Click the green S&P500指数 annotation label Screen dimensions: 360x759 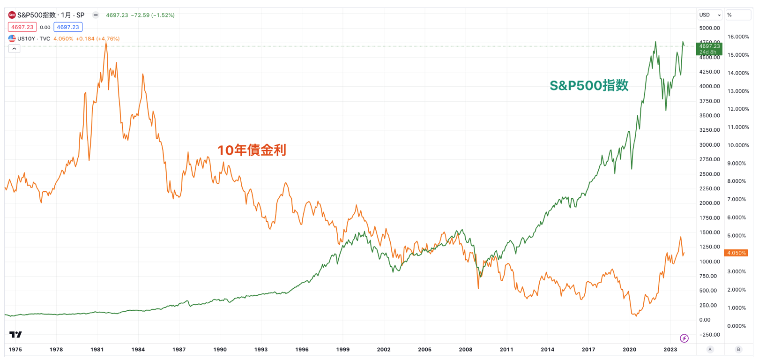tap(589, 85)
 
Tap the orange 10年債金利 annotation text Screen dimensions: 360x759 tap(252, 150)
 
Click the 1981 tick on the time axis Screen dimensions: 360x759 tap(97, 349)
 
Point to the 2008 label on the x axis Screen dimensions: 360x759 tap(465, 349)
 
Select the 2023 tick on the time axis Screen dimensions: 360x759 tap(670, 349)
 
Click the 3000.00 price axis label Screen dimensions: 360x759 tap(709, 145)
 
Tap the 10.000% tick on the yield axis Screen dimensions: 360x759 tap(738, 145)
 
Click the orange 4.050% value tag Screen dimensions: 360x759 tap(736, 253)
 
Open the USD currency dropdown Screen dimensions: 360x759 tap(710, 15)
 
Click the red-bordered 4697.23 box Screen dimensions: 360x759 tap(22, 27)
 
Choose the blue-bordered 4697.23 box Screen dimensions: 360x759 tap(68, 27)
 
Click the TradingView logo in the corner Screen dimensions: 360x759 tap(15, 334)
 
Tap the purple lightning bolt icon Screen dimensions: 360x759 tap(684, 338)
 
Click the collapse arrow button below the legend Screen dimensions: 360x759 tap(14, 49)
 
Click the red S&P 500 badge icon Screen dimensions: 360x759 tap(12, 15)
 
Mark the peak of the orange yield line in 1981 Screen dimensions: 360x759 tap(106, 43)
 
